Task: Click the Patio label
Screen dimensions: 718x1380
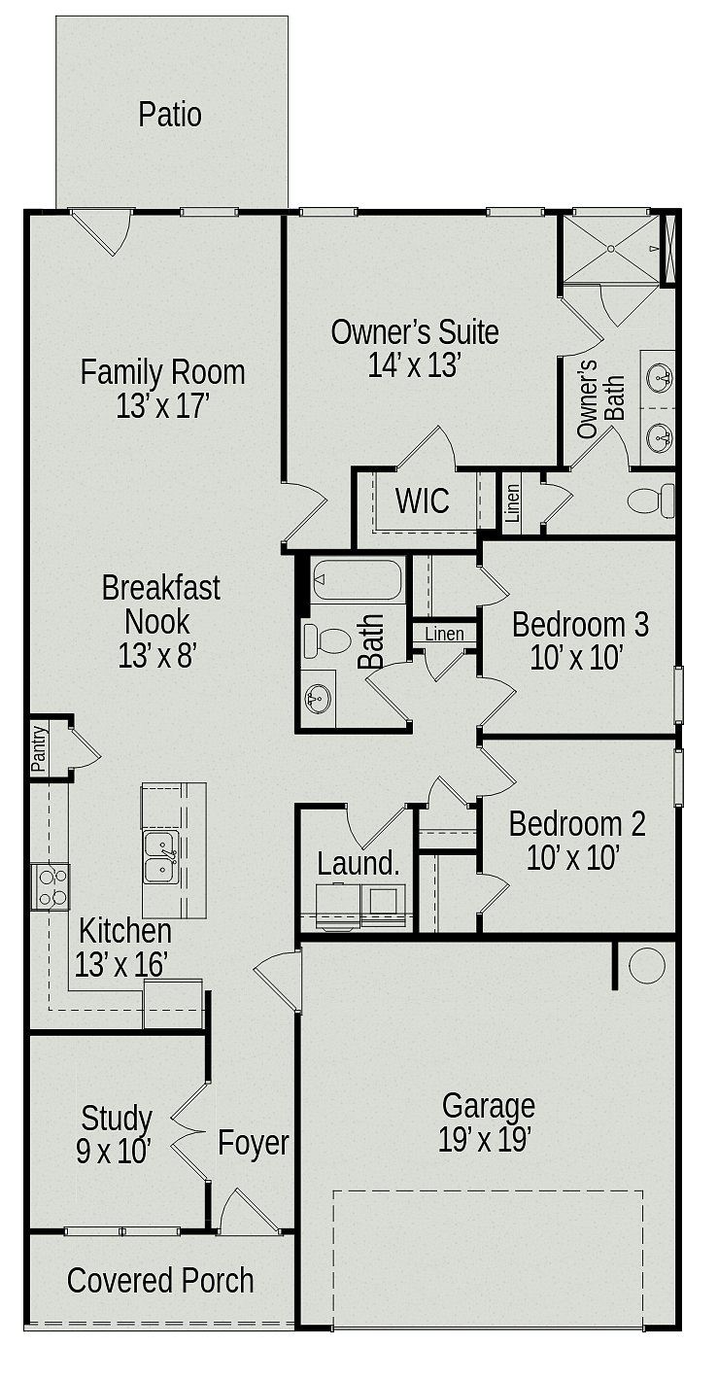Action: coord(170,116)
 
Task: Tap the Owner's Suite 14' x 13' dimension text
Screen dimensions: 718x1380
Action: coord(414,365)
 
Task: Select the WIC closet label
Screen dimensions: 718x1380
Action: coord(423,500)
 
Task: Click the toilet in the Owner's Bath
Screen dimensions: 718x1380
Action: coord(652,500)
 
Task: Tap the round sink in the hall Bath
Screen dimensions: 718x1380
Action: coord(318,699)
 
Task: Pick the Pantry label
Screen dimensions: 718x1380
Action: coord(39,748)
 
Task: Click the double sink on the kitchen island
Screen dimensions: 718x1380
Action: coord(161,857)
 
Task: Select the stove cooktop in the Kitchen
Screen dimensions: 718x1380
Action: coord(51,887)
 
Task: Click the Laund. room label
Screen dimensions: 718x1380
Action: coord(359,863)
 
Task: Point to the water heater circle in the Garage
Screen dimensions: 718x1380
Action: coord(646,965)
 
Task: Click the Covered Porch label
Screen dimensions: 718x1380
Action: coord(160,1281)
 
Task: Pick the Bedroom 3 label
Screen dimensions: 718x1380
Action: coord(580,624)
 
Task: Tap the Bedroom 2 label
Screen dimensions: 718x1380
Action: coord(577,824)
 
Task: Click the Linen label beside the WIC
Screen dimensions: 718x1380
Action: coord(512,503)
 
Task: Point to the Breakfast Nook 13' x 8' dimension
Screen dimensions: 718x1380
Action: coord(157,655)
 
